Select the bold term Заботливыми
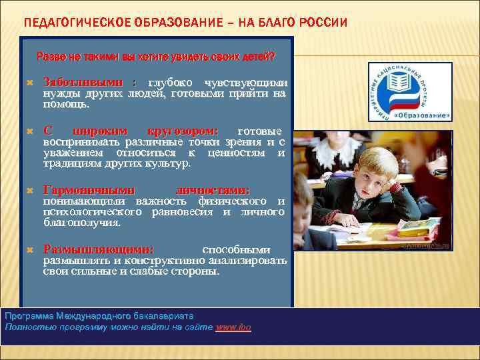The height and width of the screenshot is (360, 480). (x=83, y=81)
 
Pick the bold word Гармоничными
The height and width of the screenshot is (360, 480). (x=89, y=190)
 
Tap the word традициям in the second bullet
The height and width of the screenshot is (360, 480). (x=71, y=163)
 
